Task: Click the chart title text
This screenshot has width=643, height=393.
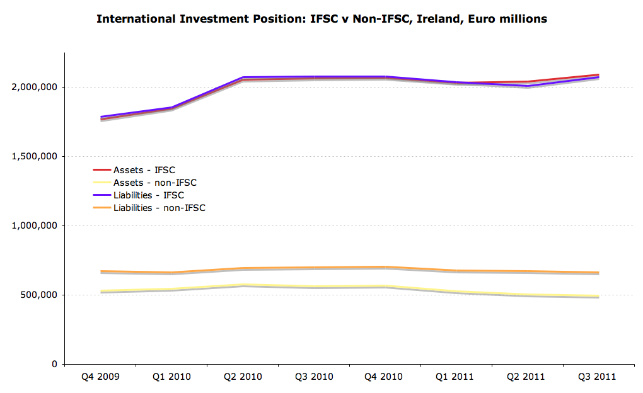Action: coord(321,19)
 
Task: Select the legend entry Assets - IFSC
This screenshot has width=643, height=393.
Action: coord(144,170)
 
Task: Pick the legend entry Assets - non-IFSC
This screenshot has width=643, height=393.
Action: coord(154,183)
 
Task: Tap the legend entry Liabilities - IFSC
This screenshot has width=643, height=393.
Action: coord(149,195)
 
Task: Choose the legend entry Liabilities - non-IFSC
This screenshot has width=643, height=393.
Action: coord(159,208)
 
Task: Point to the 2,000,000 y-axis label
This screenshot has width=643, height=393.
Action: coord(35,87)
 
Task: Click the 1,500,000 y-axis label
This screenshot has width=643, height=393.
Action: coord(35,156)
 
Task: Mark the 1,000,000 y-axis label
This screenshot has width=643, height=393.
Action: coord(35,225)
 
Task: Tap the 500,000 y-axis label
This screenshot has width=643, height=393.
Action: coord(40,295)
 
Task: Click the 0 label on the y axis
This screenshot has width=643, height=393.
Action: coord(55,364)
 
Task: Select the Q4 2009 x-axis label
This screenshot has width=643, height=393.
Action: coord(100,377)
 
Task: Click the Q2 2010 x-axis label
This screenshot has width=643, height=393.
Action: coord(243,377)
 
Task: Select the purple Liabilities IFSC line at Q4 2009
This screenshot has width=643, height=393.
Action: coord(101,117)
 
